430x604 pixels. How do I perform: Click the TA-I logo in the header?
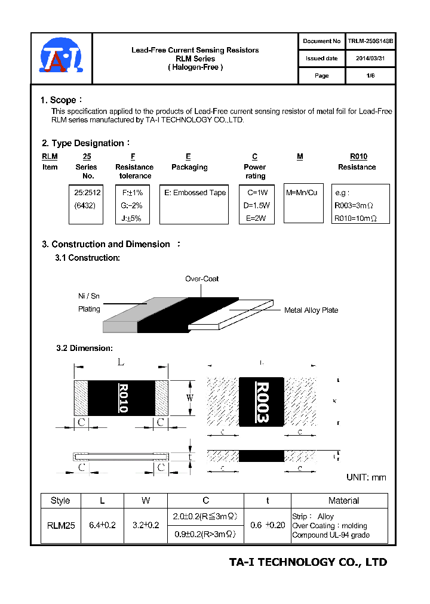(60, 58)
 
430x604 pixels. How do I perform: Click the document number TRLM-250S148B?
(370, 41)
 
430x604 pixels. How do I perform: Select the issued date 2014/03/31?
(370, 58)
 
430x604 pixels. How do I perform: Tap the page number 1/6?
(370, 76)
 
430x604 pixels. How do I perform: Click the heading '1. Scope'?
(59, 100)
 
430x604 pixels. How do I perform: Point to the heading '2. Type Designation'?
(83, 143)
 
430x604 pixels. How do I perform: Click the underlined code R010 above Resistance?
(358, 156)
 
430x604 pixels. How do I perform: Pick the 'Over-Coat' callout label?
(201, 279)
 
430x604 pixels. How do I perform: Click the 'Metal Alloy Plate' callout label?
(311, 310)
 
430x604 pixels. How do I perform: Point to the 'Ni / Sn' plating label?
(89, 295)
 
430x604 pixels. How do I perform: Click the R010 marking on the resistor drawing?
(124, 398)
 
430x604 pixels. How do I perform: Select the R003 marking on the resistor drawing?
(262, 402)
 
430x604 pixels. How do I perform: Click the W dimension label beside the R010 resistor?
(191, 397)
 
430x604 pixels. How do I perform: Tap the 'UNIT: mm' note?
(366, 477)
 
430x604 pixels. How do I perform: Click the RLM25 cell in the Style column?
(60, 525)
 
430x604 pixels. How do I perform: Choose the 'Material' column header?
(343, 500)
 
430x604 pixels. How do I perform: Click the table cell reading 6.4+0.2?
(102, 525)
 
